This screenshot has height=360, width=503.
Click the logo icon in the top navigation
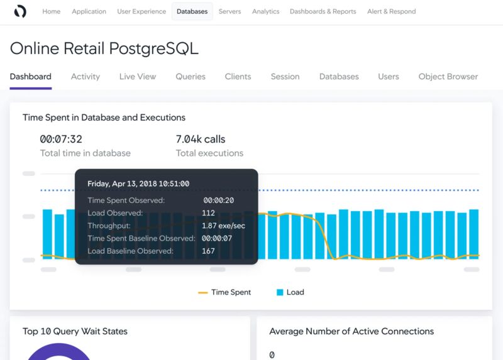pyautogui.click(x=20, y=11)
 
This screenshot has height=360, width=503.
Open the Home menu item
pyautogui.click(x=52, y=11)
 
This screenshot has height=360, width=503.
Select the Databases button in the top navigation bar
pyautogui.click(x=192, y=11)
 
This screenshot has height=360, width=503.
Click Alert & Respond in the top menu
pyautogui.click(x=391, y=11)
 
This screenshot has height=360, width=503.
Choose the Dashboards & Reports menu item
pyautogui.click(x=323, y=11)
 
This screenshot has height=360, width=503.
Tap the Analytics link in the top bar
pyautogui.click(x=265, y=11)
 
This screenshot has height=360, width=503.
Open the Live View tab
pyautogui.click(x=138, y=77)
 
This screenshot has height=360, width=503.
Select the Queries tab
pyautogui.click(x=191, y=77)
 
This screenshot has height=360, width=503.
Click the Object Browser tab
pyautogui.click(x=448, y=77)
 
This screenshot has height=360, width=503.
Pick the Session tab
pyautogui.click(x=285, y=77)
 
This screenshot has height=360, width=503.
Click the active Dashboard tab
pyautogui.click(x=30, y=77)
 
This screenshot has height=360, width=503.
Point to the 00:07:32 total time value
pyautogui.click(x=61, y=139)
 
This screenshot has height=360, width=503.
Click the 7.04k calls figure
pyautogui.click(x=201, y=139)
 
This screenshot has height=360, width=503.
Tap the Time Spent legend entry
pyautogui.click(x=224, y=292)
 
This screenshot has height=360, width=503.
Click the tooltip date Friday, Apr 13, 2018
pyautogui.click(x=138, y=184)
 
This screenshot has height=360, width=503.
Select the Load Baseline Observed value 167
pyautogui.click(x=208, y=251)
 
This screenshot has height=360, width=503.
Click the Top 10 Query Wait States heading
pyautogui.click(x=75, y=331)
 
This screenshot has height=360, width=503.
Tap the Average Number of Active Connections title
pyautogui.click(x=351, y=331)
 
